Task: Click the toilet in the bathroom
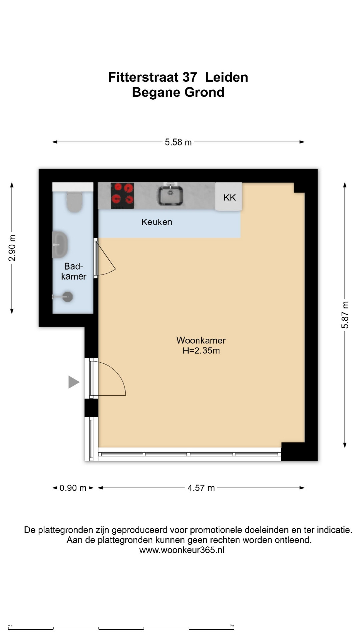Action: point(74,202)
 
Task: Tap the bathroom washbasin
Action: point(60,244)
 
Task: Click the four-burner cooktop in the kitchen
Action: point(122,196)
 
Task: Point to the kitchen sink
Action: point(170,195)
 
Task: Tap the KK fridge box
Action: point(229,197)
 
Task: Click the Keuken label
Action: point(157,222)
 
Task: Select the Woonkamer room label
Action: point(201,340)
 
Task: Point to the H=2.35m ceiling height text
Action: point(201,351)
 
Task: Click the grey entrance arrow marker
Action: point(73,382)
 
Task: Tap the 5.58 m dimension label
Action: point(178,142)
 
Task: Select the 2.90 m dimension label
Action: point(12,248)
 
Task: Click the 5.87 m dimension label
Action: point(345,315)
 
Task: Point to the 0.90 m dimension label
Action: point(73,488)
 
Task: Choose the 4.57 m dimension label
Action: point(201,488)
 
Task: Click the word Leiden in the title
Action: point(226,77)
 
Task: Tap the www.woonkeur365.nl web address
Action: point(182,550)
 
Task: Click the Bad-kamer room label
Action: point(74,271)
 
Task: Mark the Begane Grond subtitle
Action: point(178,92)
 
